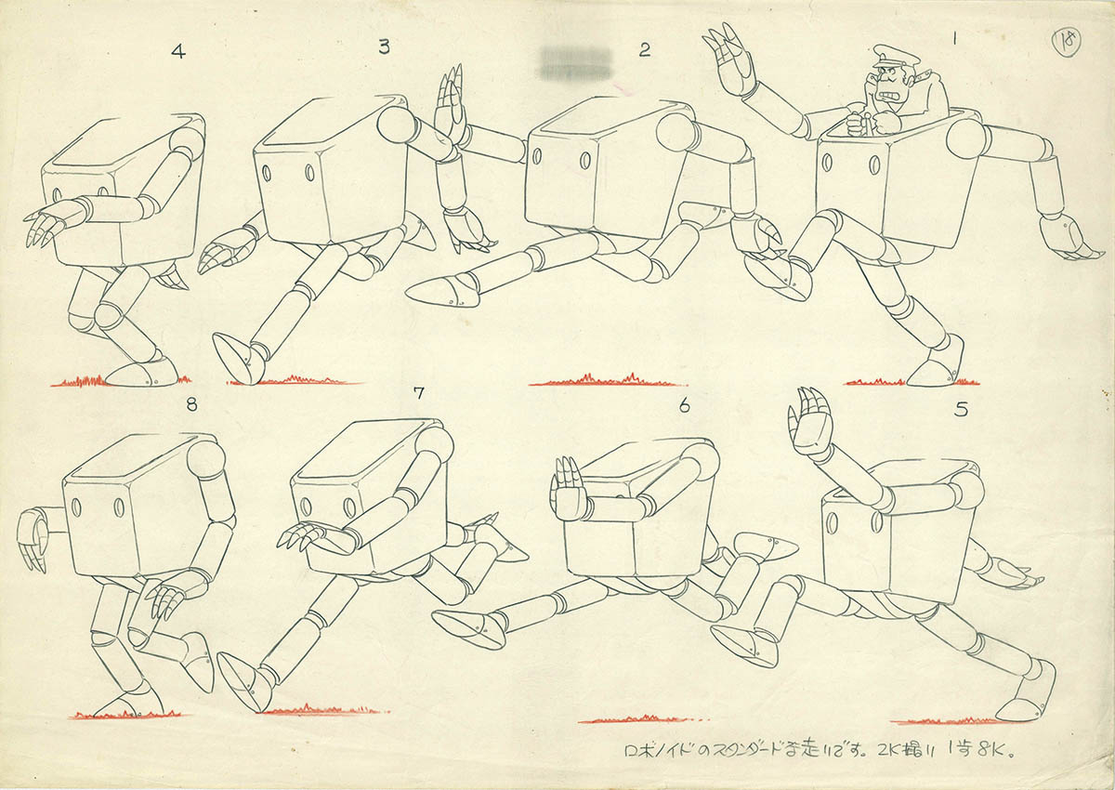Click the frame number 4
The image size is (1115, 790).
pyautogui.click(x=178, y=52)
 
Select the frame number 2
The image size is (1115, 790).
pyautogui.click(x=644, y=50)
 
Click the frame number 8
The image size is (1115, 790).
pyautogui.click(x=191, y=404)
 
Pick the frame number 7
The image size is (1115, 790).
pyautogui.click(x=418, y=392)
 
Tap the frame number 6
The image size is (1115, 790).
pyautogui.click(x=685, y=404)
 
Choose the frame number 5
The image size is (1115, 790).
pyautogui.click(x=961, y=408)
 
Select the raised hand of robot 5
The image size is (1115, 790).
pyautogui.click(x=810, y=423)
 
